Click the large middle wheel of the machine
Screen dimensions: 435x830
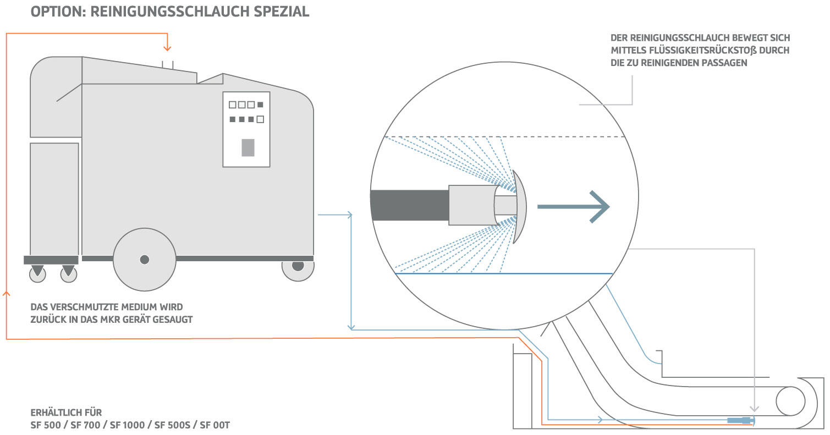pos(144,259)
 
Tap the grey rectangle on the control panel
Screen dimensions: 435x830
pos(248,147)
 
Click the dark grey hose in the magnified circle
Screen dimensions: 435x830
pos(410,205)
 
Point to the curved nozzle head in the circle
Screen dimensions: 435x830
pos(520,206)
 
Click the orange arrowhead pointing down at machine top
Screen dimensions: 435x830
pos(168,48)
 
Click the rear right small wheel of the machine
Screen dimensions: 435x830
pos(298,267)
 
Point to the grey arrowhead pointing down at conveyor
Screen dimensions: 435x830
pos(756,409)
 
